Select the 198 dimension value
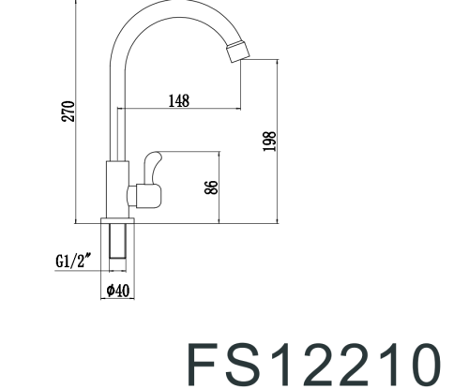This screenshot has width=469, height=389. [270, 141]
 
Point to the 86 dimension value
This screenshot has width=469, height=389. [211, 187]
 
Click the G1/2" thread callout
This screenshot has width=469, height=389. [72, 262]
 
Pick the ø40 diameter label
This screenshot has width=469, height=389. [117, 292]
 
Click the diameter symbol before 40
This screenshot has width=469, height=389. [110, 292]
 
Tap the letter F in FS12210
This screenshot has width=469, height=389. [206, 364]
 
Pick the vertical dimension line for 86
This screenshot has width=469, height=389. [219, 187]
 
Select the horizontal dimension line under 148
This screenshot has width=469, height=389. [178, 109]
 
